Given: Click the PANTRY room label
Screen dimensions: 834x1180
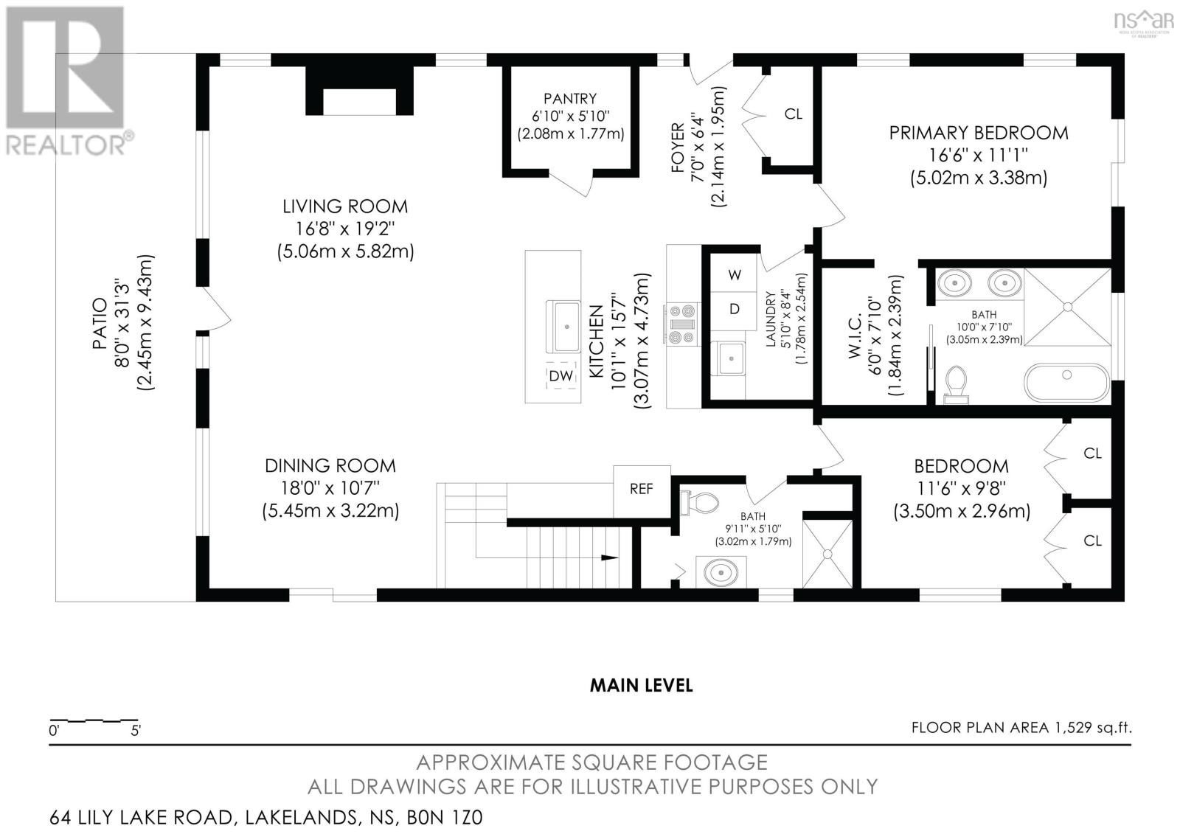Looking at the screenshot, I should (x=570, y=99).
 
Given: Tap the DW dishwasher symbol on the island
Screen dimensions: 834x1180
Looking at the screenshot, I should (x=561, y=376).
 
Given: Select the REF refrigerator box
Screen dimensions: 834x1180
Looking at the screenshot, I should (x=641, y=489).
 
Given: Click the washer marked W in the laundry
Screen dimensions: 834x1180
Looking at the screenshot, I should (x=735, y=275).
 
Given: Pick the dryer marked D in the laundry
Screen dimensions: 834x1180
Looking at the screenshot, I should (x=735, y=309).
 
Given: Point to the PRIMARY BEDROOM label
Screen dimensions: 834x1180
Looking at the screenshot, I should (x=978, y=133).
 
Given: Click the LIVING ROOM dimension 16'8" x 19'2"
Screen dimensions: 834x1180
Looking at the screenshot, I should (x=345, y=229).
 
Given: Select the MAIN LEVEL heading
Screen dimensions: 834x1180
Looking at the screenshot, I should (x=641, y=685).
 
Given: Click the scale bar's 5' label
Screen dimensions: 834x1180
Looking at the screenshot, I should (x=136, y=732).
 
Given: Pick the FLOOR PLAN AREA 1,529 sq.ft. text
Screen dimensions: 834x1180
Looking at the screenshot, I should (x=1021, y=728).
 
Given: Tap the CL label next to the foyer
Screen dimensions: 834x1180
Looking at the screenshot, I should (x=793, y=114).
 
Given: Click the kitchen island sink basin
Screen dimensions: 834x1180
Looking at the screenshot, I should (x=566, y=326).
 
